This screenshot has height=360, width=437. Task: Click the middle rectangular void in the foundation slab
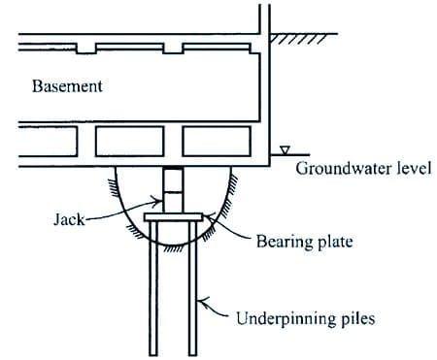129,141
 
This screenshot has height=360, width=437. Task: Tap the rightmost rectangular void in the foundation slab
210,141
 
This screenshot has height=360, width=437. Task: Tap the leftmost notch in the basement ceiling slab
90,48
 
